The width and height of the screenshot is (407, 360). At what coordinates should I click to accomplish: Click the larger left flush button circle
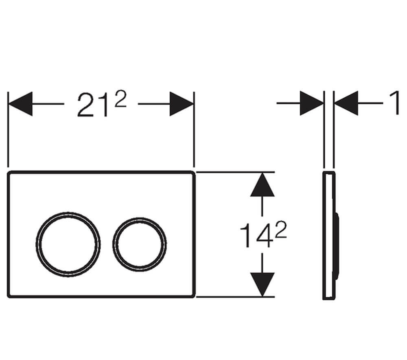[68, 242]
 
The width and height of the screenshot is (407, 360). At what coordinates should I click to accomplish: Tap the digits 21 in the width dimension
[93, 105]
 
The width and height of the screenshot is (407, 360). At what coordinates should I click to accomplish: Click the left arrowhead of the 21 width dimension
[20, 104]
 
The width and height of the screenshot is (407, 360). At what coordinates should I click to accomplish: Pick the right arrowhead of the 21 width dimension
[182, 104]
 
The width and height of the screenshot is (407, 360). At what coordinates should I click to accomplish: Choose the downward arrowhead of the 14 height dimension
[262, 284]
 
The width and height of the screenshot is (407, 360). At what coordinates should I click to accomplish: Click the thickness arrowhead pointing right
[311, 103]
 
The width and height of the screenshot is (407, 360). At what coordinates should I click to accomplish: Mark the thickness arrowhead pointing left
[346, 103]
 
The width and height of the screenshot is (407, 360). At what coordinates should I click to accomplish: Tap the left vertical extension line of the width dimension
[8, 130]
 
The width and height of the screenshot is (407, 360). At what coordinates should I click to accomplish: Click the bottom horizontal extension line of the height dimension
[236, 297]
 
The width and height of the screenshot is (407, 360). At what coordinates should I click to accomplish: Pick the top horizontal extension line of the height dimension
[236, 171]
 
